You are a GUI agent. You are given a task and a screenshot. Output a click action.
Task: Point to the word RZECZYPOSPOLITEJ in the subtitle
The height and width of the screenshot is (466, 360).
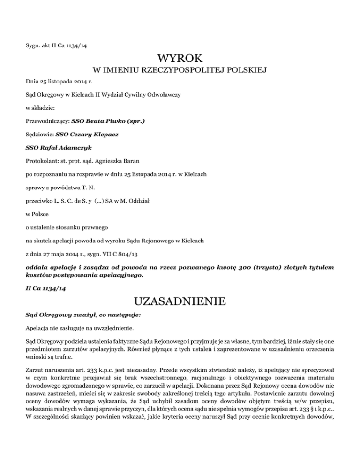(x=180, y=71)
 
